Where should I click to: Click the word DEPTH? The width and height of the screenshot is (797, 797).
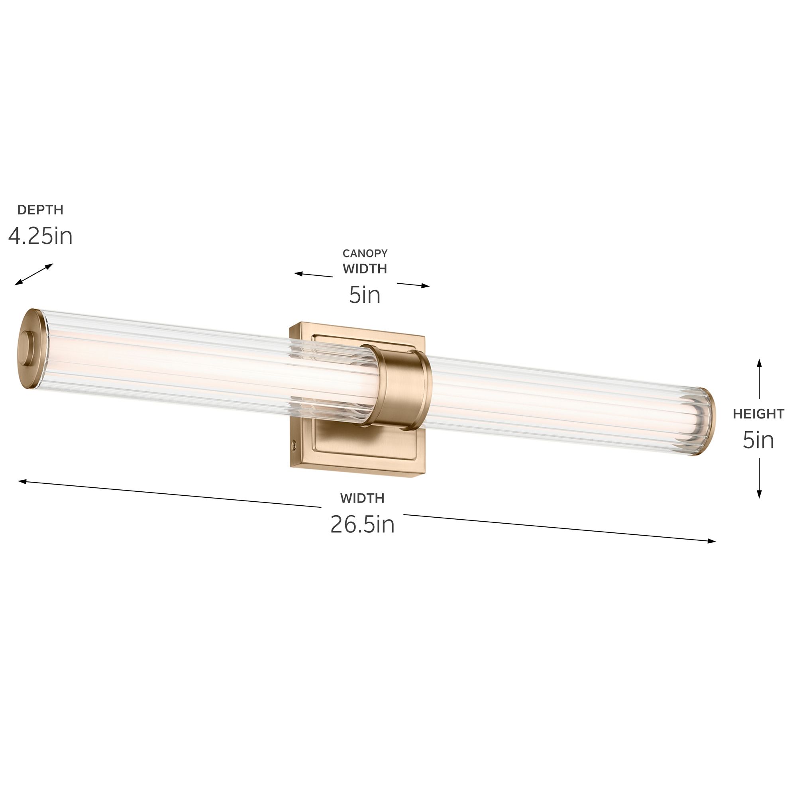(x=40, y=210)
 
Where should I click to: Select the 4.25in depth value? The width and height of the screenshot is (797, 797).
(x=40, y=236)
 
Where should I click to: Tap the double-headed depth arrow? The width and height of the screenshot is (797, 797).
(x=34, y=274)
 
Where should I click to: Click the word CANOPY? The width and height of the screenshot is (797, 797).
(x=365, y=253)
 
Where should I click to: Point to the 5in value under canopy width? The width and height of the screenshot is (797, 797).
(x=365, y=295)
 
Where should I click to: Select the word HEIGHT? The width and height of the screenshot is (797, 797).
(x=758, y=414)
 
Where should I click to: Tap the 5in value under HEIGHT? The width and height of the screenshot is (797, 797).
(x=758, y=440)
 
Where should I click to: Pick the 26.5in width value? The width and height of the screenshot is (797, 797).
(x=362, y=525)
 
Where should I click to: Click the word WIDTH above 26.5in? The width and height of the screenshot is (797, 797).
(x=362, y=499)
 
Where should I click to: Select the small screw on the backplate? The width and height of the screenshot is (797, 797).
(x=294, y=444)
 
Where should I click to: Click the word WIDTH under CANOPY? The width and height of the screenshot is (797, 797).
(x=365, y=269)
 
